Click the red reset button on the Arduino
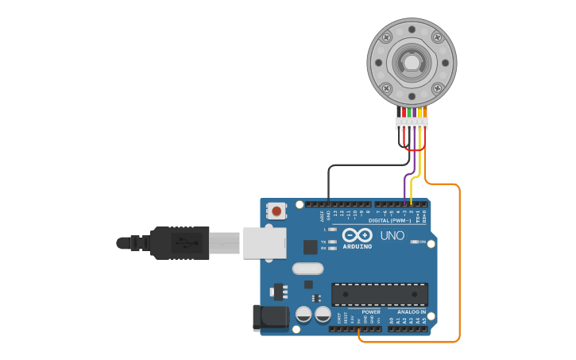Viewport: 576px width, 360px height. tap(276, 211)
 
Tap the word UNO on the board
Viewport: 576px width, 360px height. tap(392, 235)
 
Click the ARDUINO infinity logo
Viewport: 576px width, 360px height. tap(358, 235)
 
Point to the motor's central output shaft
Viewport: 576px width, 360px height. tap(412, 62)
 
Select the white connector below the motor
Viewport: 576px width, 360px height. tap(412, 123)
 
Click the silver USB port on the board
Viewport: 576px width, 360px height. tap(264, 242)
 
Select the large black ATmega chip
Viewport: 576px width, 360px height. tap(379, 294)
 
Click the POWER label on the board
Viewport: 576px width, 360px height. tap(370, 312)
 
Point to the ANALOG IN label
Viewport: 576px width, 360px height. tap(412, 312)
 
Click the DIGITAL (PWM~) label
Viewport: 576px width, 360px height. tap(389, 220)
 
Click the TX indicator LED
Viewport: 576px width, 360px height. tap(332, 242)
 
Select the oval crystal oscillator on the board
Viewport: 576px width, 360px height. tap(307, 269)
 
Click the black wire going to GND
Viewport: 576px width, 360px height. tap(329, 183)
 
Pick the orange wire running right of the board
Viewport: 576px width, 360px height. tap(459, 262)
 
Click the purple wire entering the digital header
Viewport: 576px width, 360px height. tap(405, 187)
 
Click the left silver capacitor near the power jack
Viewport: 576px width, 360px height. tap(303, 314)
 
